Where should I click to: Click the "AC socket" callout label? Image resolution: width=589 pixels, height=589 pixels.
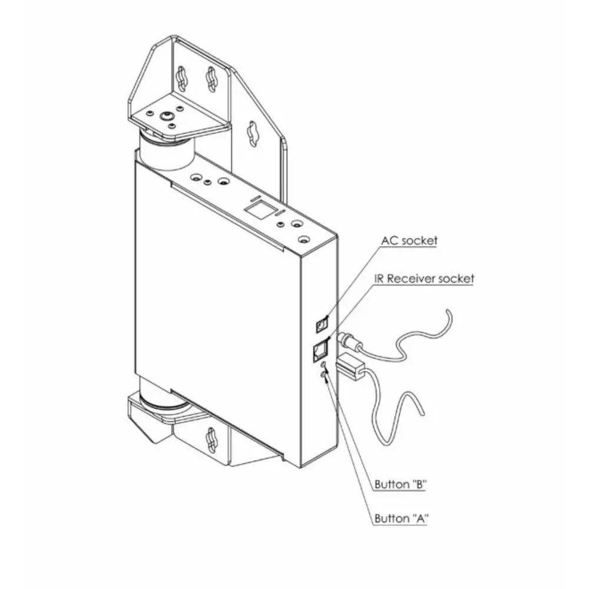point(409,241)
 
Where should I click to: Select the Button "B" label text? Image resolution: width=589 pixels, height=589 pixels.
point(401,485)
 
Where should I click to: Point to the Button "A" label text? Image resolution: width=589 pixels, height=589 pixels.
point(401,519)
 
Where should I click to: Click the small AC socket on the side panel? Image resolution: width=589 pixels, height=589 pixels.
point(322,323)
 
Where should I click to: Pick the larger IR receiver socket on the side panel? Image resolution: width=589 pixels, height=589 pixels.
point(319,351)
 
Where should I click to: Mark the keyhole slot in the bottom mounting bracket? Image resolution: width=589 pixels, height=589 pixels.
point(211,439)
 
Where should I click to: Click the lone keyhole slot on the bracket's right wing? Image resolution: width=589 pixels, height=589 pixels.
point(253,133)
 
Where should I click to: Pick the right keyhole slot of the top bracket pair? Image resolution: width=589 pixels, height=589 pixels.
point(211,79)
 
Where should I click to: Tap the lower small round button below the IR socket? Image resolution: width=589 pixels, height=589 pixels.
point(322,375)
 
